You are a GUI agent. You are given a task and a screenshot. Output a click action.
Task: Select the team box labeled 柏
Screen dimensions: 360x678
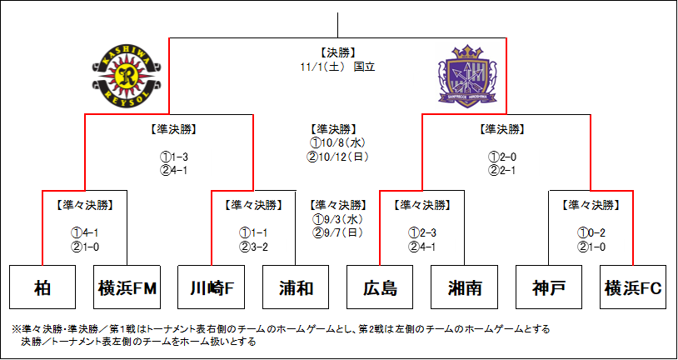point(42,288)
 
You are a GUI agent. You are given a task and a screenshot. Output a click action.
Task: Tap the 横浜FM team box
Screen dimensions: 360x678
point(127,288)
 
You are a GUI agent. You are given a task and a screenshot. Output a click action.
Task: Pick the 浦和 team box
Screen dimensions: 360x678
point(296,288)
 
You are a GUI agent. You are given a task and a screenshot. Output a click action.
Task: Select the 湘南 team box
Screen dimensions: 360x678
point(465,288)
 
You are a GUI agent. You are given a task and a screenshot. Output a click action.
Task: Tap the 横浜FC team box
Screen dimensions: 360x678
point(634,288)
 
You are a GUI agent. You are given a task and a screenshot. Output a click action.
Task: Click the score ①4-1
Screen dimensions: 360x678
point(84,232)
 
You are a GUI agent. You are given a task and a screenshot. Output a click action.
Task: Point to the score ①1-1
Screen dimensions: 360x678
point(253,232)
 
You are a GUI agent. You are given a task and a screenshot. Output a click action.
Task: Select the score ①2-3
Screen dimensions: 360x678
point(422,232)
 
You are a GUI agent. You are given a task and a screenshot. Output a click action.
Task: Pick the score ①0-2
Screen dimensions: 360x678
point(591,232)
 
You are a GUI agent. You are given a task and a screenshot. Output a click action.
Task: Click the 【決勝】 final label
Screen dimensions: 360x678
point(338,52)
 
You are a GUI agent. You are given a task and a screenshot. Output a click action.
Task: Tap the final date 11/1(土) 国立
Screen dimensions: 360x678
point(338,66)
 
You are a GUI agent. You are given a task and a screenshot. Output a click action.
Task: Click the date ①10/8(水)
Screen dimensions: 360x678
point(338,142)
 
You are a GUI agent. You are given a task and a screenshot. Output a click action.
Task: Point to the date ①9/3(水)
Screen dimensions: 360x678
point(337,219)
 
